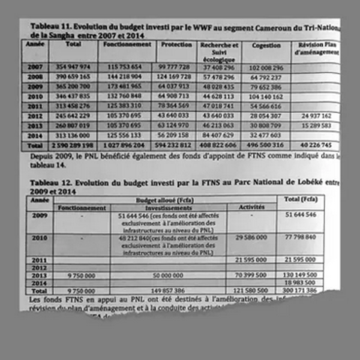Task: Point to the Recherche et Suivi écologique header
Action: [220, 52]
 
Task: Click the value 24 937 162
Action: [314, 115]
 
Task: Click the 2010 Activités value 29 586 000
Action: [252, 238]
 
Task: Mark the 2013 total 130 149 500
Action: [302, 275]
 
